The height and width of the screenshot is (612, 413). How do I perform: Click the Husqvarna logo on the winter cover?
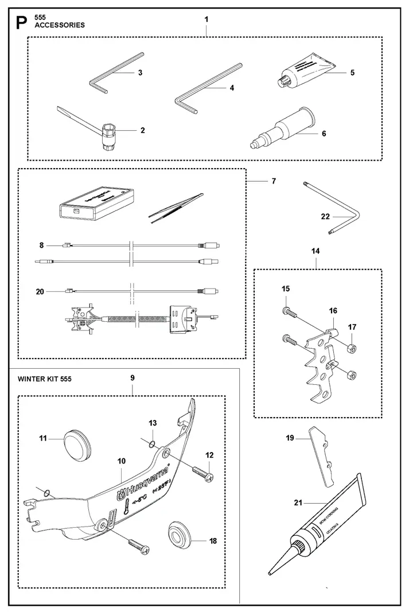coord(143,482)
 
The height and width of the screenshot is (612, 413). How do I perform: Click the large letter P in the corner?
coord(21,22)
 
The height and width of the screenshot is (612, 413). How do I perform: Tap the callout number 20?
coord(40,291)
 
